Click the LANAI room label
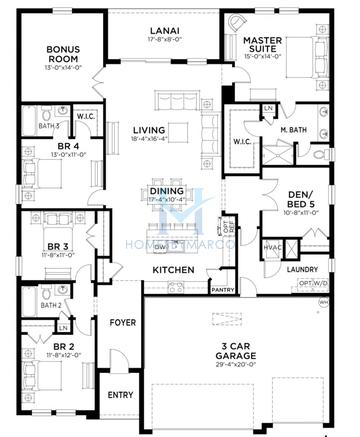[165, 30]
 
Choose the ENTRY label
[120, 395]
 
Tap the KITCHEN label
[172, 271]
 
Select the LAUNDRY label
[301, 269]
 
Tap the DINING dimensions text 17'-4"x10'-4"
[167, 201]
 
